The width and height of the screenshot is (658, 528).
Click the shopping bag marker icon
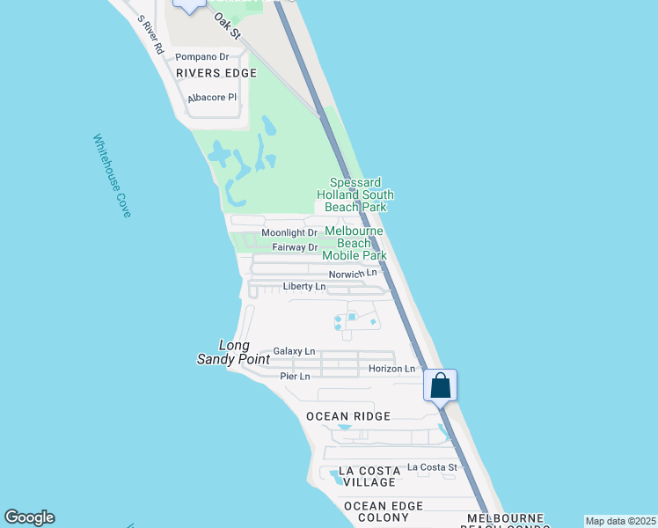[440, 385]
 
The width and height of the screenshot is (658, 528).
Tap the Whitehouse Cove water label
[112, 176]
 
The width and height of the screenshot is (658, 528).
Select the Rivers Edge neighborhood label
[216, 73]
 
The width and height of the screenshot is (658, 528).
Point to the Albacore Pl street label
[212, 98]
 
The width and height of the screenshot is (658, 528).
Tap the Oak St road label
[227, 25]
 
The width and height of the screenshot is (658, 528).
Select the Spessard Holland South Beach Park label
[355, 194]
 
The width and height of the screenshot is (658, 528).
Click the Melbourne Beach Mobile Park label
[355, 243]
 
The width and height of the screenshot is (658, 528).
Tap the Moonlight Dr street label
[287, 233]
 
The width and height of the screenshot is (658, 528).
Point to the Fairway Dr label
[294, 247]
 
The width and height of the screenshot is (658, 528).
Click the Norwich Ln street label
[353, 274]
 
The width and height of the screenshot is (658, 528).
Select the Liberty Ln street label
[304, 286]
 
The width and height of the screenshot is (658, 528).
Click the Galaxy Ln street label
[294, 351]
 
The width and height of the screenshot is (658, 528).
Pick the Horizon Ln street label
[391, 369]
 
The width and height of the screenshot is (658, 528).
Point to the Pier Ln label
[296, 377]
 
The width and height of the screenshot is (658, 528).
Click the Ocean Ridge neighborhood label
[347, 415]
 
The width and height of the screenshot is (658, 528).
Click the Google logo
[29, 517]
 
